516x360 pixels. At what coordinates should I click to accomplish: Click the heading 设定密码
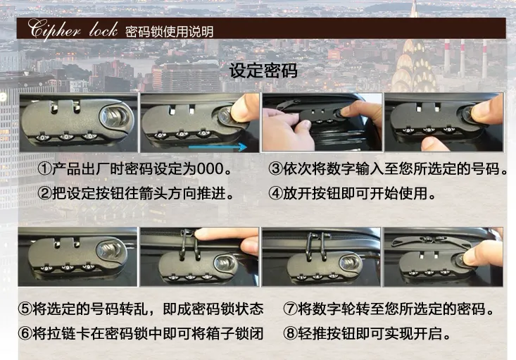coord(263,71)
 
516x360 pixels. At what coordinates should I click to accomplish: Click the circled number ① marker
coord(45,170)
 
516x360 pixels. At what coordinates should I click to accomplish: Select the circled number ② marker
coord(45,192)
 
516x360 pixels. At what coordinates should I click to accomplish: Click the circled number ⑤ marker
coord(25,309)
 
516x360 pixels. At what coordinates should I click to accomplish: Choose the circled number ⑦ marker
coord(291,309)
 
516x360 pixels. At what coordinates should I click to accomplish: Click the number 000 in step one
coord(212,170)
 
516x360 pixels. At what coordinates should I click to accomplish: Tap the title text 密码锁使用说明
coord(169,32)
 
